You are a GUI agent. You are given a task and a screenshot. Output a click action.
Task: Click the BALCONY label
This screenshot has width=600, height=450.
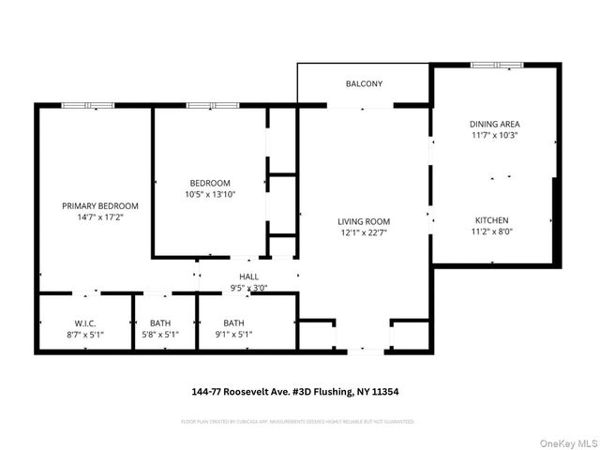point(364,84)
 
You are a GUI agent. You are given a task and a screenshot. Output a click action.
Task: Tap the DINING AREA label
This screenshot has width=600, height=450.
point(494,124)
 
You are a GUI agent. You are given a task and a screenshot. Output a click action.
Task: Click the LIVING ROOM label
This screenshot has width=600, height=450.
point(364,222)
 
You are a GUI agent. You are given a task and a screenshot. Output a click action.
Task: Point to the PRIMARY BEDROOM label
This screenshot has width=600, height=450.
point(100,206)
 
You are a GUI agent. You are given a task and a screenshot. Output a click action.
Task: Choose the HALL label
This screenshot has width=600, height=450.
point(248,277)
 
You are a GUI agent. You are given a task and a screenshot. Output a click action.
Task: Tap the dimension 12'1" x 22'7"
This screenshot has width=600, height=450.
point(364,234)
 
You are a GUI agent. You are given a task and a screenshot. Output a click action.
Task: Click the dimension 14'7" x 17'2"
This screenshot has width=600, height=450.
point(100,217)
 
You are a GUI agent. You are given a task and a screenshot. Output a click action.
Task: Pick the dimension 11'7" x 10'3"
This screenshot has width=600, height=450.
point(494,135)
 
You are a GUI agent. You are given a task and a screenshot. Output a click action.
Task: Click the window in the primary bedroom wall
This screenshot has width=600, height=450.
point(88,105)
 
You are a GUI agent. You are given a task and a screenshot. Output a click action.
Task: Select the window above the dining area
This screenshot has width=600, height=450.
point(497,65)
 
